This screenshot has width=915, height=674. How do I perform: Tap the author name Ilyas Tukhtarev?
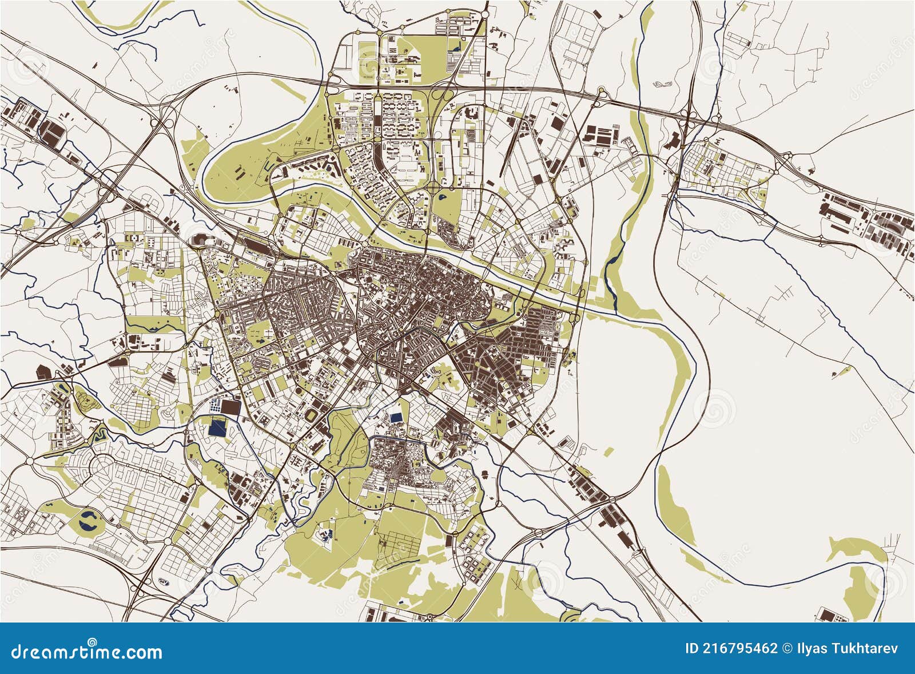pos(846,648)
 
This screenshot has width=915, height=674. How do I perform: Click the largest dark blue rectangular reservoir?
pos(218,428)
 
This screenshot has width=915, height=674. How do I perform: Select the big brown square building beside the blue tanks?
pos(230,407)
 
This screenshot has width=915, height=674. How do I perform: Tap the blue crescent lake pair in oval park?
pos(89,521)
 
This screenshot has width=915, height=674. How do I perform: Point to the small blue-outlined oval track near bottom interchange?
pos(164,582)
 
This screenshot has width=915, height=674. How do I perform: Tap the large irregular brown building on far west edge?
pos(43,372)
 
